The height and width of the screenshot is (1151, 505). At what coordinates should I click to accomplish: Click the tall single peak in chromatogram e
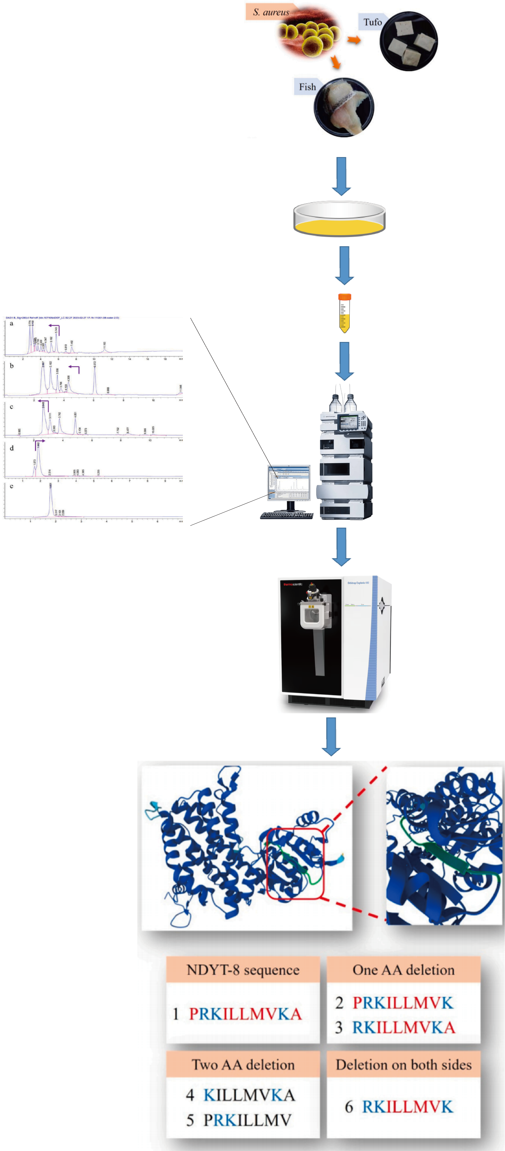[x=51, y=500]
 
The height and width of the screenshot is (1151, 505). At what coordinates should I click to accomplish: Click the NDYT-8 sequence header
[x=243, y=970]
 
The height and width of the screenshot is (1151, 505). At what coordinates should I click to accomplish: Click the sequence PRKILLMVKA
[x=245, y=1014]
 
